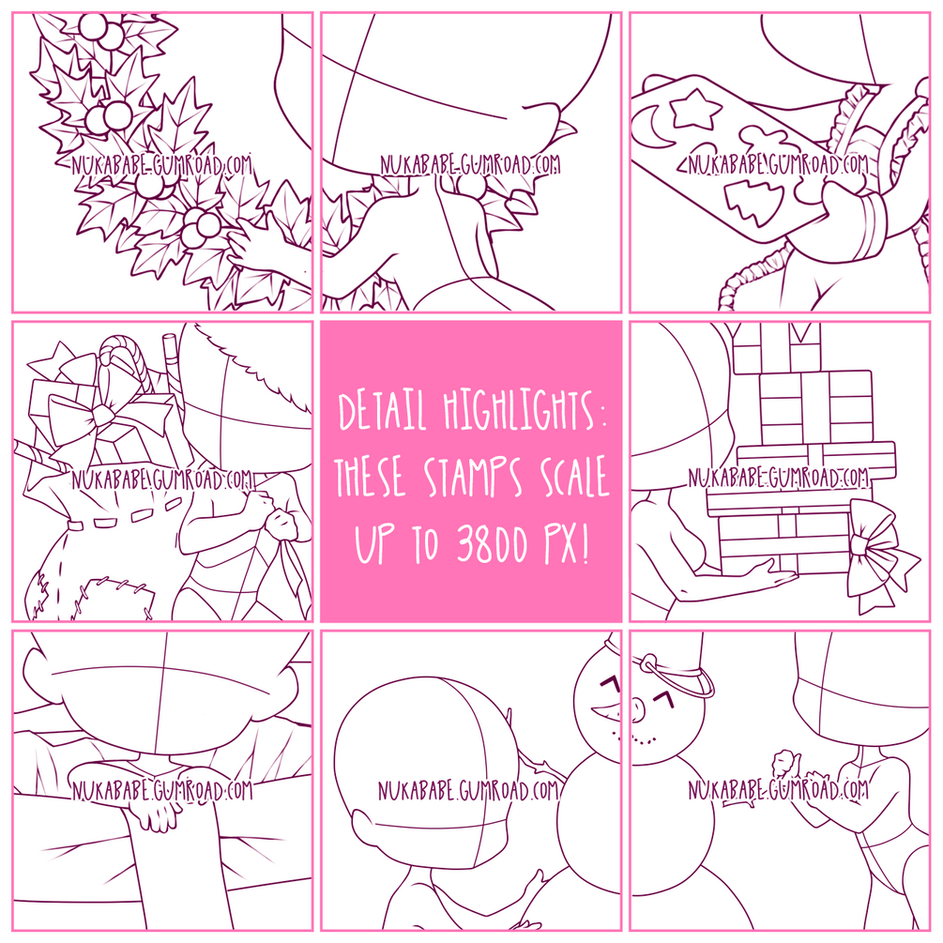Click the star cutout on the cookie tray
coord(695,109)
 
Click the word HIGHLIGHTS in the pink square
coord(520,411)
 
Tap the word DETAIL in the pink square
coord(383,411)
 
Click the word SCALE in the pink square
coord(574,477)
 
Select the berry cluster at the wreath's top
coord(102,30)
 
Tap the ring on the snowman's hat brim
coord(651,664)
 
